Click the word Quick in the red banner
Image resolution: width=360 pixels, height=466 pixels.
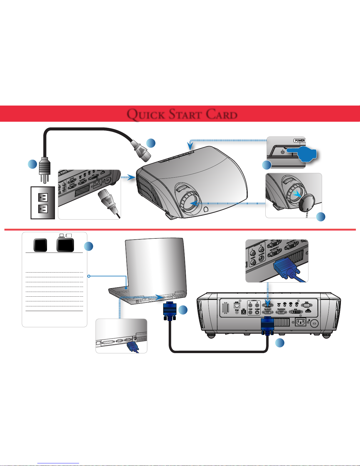click(145, 114)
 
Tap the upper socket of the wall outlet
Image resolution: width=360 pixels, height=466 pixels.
click(43, 197)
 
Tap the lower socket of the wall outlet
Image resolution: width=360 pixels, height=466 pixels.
click(43, 209)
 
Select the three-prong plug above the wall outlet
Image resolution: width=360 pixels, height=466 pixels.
click(44, 169)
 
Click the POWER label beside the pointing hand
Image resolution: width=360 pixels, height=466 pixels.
click(299, 141)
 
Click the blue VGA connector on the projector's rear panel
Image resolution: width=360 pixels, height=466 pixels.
click(267, 325)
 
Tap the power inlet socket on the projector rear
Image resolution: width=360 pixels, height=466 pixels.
click(300, 322)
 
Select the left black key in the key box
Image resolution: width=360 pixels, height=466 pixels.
click(40, 245)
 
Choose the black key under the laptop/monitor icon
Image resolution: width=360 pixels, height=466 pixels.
click(65, 245)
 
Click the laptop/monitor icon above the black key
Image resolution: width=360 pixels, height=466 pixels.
click(65, 235)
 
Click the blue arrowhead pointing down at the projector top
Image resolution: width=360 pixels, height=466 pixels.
click(190, 146)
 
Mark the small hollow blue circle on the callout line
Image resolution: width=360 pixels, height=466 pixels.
click(89, 276)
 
